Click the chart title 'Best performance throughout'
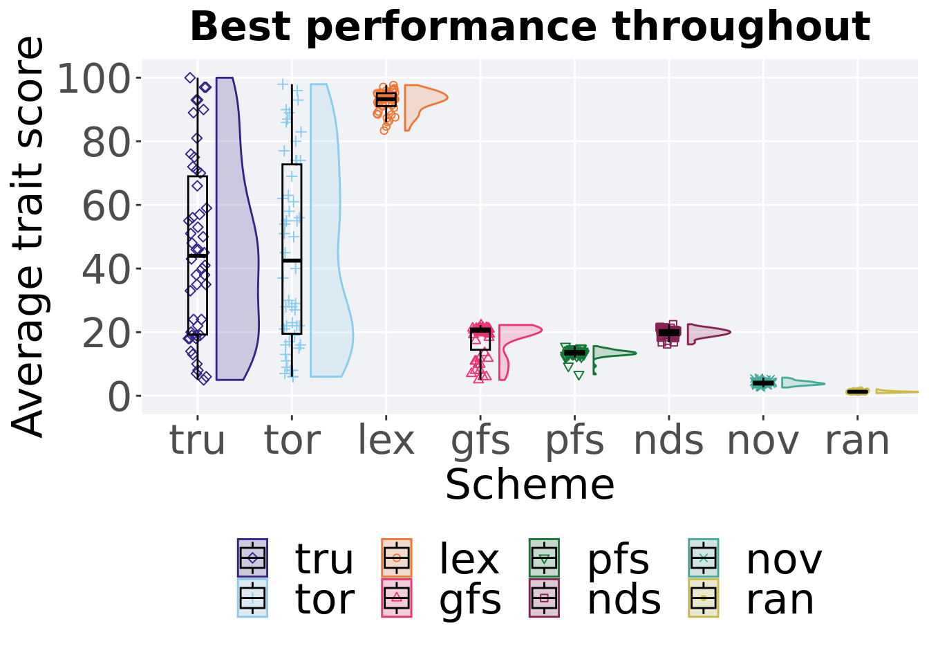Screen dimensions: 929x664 [530, 26]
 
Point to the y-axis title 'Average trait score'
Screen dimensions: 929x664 [28, 237]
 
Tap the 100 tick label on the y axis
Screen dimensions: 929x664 [94, 78]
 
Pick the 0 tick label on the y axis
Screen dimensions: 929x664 [120, 397]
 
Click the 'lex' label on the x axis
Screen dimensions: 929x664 [386, 440]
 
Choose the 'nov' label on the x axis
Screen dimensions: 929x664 [763, 441]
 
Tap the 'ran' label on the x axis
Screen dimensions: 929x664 [858, 441]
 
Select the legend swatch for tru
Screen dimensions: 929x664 [252, 558]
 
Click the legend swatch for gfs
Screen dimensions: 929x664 [397, 598]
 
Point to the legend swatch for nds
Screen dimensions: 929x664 [544, 598]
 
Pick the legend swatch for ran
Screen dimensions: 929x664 [704, 598]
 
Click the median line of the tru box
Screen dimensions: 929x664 [198, 256]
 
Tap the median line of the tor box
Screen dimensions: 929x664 [292, 261]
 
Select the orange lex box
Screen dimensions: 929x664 [386, 100]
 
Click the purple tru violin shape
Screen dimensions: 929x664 [237, 228]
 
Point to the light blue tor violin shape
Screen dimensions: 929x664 [331, 231]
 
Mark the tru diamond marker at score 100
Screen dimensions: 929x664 [190, 77]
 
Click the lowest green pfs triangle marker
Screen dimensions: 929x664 [579, 375]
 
